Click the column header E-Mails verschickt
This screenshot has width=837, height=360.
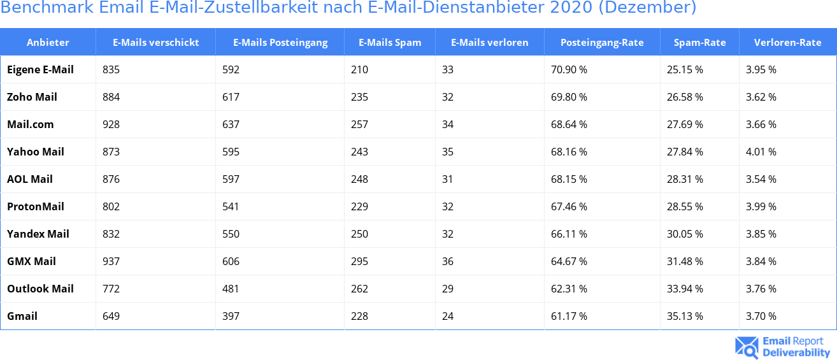coord(155,43)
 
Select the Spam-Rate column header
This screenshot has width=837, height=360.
coord(699,43)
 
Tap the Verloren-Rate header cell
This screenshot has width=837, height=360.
coord(787,43)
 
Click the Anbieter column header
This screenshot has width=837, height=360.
coord(48,43)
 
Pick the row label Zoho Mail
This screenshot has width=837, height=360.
coord(32,97)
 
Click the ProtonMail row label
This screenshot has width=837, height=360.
coord(36,206)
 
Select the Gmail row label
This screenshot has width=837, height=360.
coord(22,316)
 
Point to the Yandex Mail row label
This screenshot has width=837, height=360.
coord(38,234)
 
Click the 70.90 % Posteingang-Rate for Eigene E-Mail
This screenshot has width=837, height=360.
coord(569,69)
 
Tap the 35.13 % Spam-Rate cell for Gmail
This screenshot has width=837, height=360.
coord(685,316)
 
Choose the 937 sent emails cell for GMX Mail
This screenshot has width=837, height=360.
coord(111,261)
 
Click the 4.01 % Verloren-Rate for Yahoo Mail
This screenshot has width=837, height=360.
coord(761,152)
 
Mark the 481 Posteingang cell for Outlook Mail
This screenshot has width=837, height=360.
coord(231,289)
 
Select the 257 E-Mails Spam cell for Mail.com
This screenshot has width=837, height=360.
coord(359,124)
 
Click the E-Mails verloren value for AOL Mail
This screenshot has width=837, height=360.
coord(447,179)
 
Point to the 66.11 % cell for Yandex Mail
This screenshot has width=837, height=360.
coord(569,234)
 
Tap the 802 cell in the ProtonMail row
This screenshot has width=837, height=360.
coord(111,206)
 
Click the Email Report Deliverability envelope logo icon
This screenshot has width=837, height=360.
coord(747,347)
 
